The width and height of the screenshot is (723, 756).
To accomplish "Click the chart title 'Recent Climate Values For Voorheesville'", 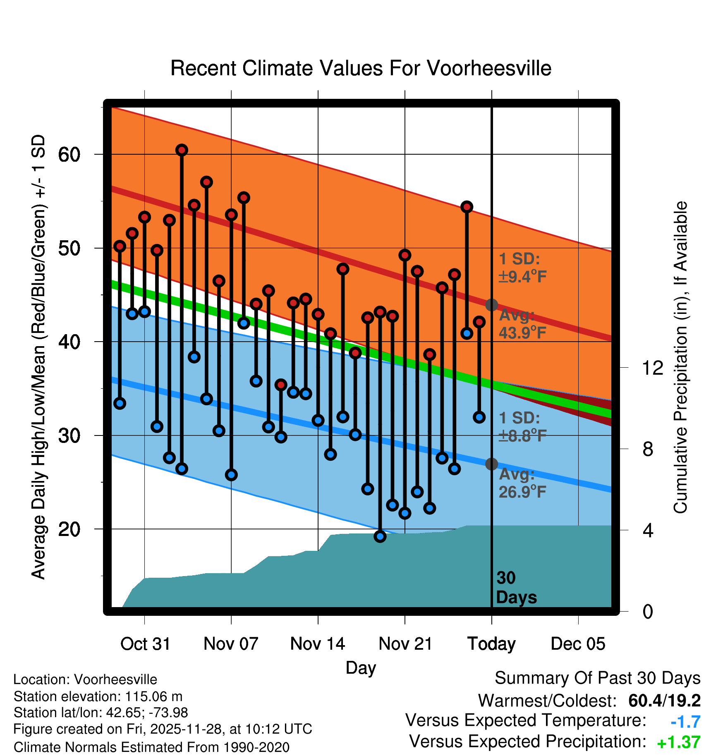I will (x=361, y=68).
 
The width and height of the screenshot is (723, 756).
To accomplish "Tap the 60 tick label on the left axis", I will (x=69, y=155).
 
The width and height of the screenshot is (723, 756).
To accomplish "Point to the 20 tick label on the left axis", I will (x=69, y=529).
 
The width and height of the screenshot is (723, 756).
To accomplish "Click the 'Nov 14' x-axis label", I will (x=318, y=644).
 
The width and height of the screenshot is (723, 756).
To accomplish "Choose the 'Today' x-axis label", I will (x=491, y=644).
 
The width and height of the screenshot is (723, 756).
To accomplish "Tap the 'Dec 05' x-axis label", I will (x=578, y=644).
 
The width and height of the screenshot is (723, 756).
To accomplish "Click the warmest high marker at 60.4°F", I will (x=182, y=150).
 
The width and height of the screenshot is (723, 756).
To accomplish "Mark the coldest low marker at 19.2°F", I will (x=380, y=536).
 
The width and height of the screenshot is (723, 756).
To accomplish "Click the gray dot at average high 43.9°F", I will (x=491, y=305).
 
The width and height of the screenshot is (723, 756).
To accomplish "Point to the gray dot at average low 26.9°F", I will (x=491, y=464).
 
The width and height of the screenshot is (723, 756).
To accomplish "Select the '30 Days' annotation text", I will (x=516, y=588).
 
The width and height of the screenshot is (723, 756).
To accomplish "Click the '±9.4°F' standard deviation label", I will (x=522, y=277).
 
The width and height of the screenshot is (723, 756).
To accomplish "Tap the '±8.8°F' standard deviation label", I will (x=522, y=435).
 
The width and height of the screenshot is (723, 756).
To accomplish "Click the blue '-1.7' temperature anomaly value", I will (x=685, y=722).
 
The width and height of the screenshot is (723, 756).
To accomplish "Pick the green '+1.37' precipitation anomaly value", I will (x=679, y=743).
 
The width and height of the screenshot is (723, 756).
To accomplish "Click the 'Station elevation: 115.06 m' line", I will (x=98, y=697).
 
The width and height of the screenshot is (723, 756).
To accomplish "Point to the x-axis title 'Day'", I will (x=361, y=667).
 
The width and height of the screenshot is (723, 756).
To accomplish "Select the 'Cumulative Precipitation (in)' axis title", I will (x=680, y=357).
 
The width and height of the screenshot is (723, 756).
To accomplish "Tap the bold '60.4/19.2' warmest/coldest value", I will (x=664, y=701).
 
